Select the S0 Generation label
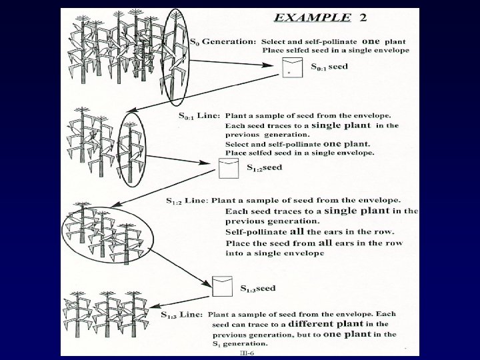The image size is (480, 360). point(223,41)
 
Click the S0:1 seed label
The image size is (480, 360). point(329,67)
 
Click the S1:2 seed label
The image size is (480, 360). point(264,167)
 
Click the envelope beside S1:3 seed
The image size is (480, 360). point(221,286)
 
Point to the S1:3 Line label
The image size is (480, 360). point(182,314)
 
